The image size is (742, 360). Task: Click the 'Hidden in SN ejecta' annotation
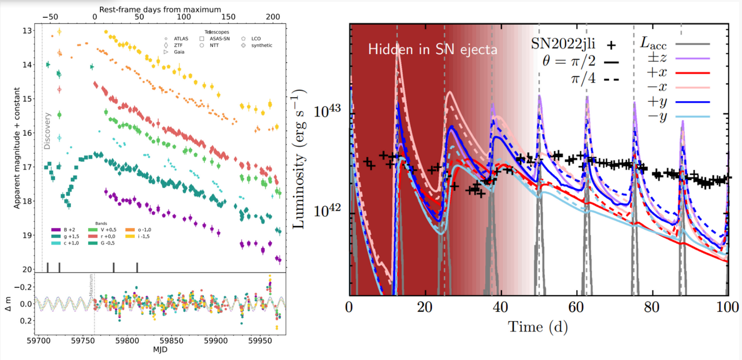[432, 49]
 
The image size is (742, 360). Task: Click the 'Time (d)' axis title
[538, 327]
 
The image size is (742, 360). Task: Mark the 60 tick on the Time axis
[576, 306]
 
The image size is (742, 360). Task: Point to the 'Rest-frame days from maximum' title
[160, 9]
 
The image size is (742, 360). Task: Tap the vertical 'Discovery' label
[47, 131]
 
